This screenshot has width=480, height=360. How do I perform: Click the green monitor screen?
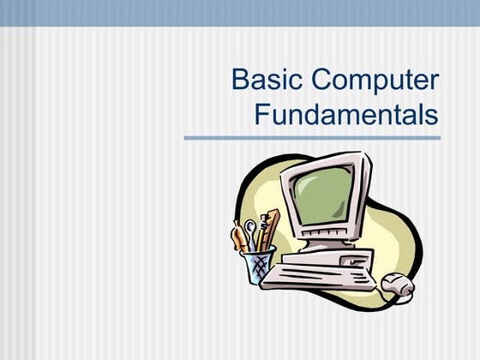point(321,192)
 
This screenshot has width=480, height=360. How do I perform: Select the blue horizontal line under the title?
point(312,137)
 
